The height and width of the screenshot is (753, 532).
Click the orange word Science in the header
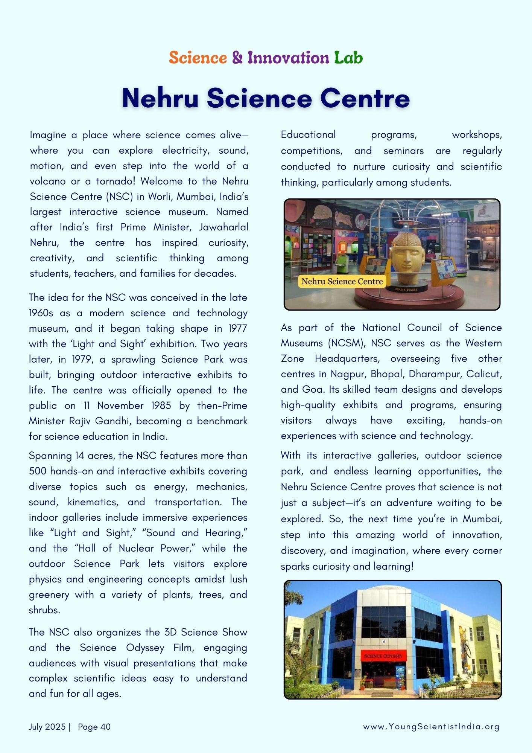coord(198,58)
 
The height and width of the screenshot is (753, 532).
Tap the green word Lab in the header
coord(348,58)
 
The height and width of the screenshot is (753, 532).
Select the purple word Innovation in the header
coord(288,58)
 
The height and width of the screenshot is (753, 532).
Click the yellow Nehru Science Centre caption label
coord(342,281)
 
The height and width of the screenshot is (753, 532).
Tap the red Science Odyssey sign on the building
coord(383,656)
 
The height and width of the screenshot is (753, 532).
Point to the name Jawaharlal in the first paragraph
coord(223,227)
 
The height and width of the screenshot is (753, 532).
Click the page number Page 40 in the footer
coord(94,727)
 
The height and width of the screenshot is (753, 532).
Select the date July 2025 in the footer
coord(47,727)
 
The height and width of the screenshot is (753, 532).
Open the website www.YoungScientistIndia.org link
coord(431,727)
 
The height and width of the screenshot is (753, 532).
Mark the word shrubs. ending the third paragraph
coord(44,610)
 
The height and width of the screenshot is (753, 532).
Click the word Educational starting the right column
coord(308,134)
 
